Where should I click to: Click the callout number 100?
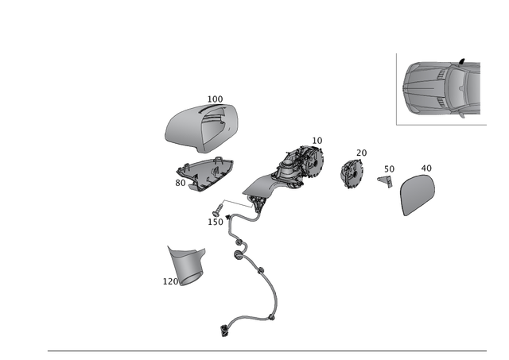pyautogui.click(x=215, y=99)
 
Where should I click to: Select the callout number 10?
pyautogui.click(x=317, y=141)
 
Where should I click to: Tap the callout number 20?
pyautogui.click(x=361, y=153)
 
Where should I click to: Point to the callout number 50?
pyautogui.click(x=389, y=169)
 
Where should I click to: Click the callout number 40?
pyautogui.click(x=426, y=168)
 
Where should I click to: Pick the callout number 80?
pyautogui.click(x=181, y=183)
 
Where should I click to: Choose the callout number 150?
pyautogui.click(x=216, y=222)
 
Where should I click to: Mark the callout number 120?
pyautogui.click(x=170, y=281)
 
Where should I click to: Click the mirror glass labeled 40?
pyautogui.click(x=418, y=195)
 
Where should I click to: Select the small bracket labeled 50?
pyautogui.click(x=387, y=181)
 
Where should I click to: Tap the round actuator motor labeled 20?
pyautogui.click(x=352, y=175)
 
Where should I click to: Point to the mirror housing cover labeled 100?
pyautogui.click(x=201, y=128)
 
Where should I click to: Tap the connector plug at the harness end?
pyautogui.click(x=224, y=331)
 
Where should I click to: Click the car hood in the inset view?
pyautogui.click(x=425, y=87)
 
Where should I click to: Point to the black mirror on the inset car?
pyautogui.click(x=462, y=61)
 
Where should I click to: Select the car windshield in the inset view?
pyautogui.click(x=457, y=87)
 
